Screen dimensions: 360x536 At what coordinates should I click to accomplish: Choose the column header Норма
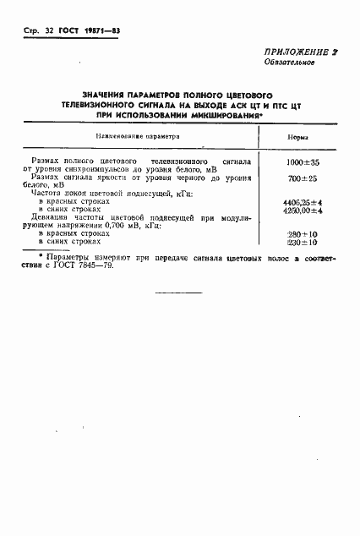click(x=297, y=137)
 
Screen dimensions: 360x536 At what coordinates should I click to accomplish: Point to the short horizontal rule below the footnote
click(x=180, y=292)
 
